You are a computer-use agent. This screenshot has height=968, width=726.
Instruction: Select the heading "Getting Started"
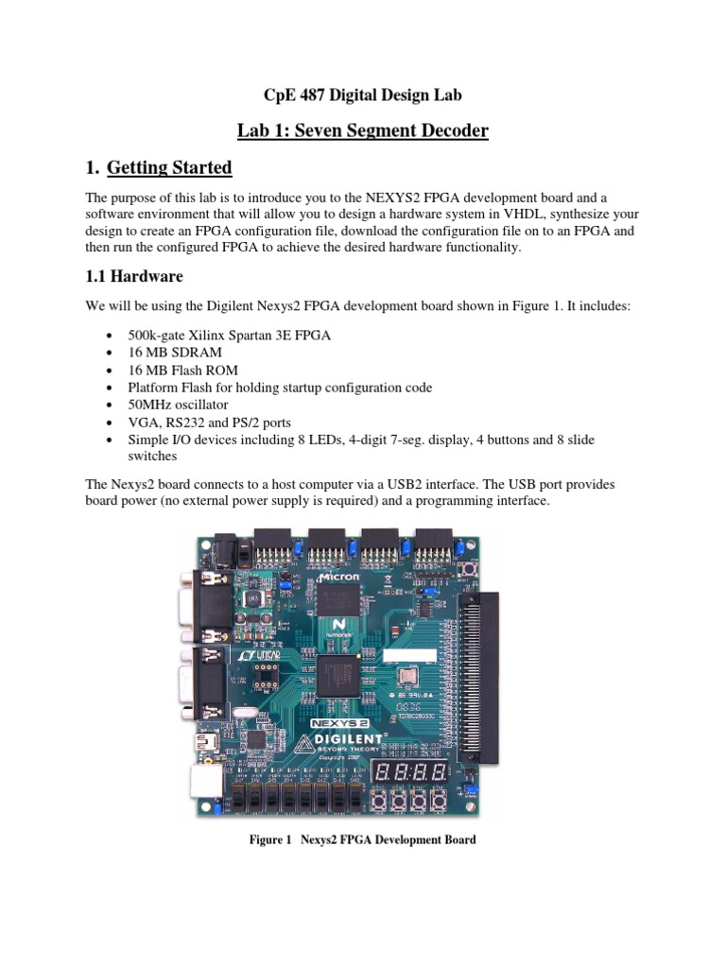pyautogui.click(x=169, y=167)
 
